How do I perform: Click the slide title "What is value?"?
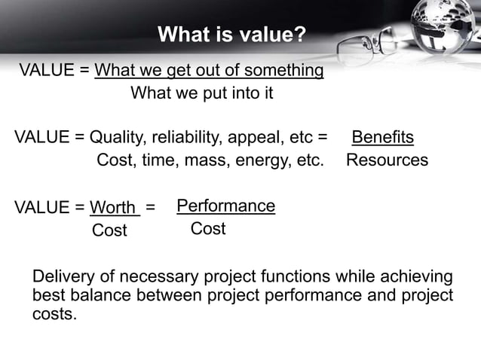[x=232, y=35]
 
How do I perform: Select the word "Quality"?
[x=117, y=138]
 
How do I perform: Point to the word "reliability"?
[x=188, y=138]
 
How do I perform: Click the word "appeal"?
[x=256, y=138]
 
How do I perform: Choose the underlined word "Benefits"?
[x=383, y=138]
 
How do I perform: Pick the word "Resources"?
[x=387, y=160]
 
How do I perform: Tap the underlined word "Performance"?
[x=225, y=206]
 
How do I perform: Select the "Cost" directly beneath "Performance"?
[x=207, y=228]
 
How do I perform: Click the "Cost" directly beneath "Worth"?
[x=109, y=230]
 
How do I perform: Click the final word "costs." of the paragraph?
[x=54, y=313]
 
